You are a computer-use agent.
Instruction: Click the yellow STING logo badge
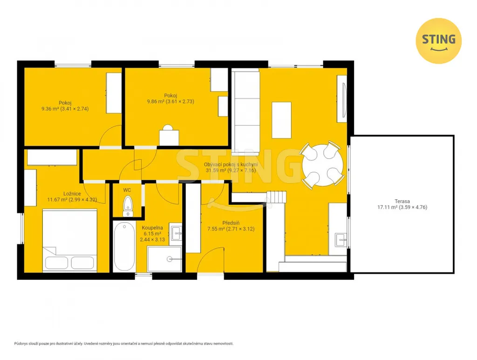click(438, 41)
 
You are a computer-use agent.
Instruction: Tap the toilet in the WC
click(128, 206)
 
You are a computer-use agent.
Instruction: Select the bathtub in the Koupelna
click(124, 246)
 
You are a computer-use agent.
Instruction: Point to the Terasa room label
click(402, 201)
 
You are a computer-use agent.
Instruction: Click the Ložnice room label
click(72, 193)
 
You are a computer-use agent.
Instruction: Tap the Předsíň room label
click(231, 223)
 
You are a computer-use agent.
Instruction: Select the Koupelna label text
click(152, 227)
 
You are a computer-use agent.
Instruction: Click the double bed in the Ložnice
click(70, 240)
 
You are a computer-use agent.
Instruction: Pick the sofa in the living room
click(245, 112)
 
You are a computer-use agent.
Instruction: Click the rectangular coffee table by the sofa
click(281, 120)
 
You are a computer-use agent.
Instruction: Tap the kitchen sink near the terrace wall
click(341, 240)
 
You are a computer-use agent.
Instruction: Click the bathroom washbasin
click(176, 233)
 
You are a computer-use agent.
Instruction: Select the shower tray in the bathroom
click(164, 259)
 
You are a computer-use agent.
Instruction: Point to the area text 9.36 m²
click(50, 109)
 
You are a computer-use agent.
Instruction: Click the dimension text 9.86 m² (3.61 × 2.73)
click(170, 101)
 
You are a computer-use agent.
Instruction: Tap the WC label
click(127, 190)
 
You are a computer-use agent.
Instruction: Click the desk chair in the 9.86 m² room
click(169, 135)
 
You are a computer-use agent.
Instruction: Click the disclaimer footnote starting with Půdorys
click(124, 344)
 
